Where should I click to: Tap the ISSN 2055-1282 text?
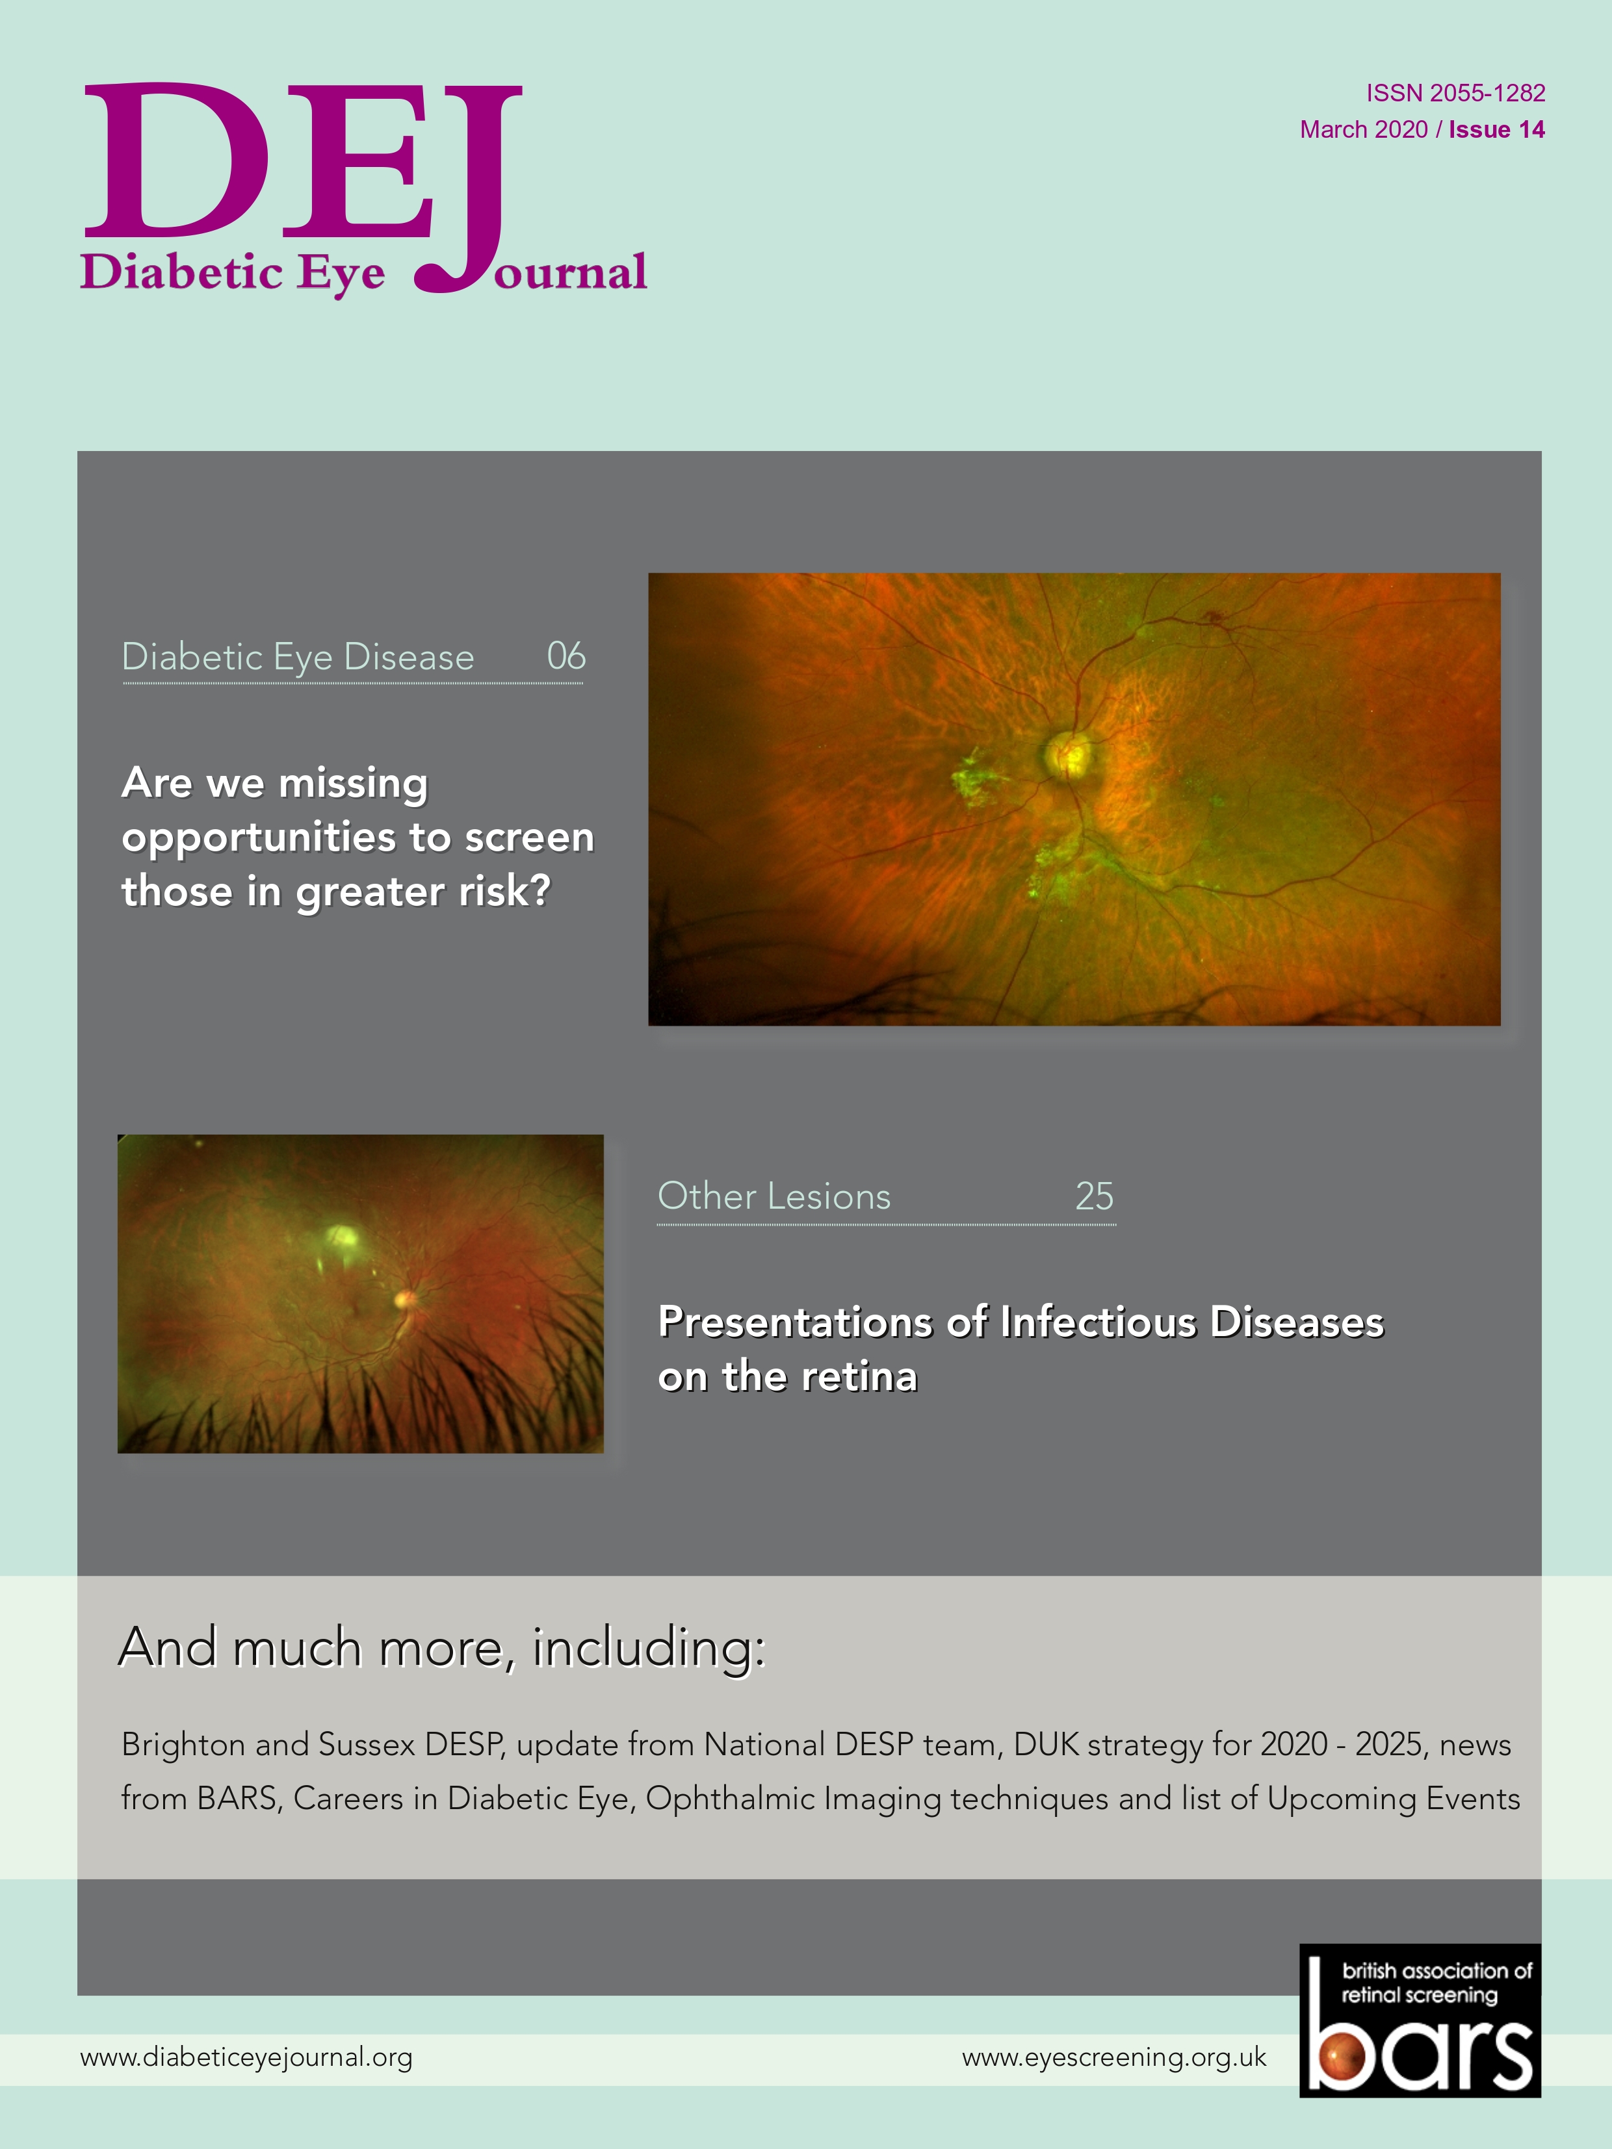(1455, 94)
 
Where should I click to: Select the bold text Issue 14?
(1496, 130)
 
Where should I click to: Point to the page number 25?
(1094, 1196)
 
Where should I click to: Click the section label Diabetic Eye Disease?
(298, 658)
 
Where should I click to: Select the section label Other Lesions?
(774, 1196)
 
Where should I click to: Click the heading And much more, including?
(442, 1649)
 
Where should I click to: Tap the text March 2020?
(1363, 130)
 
